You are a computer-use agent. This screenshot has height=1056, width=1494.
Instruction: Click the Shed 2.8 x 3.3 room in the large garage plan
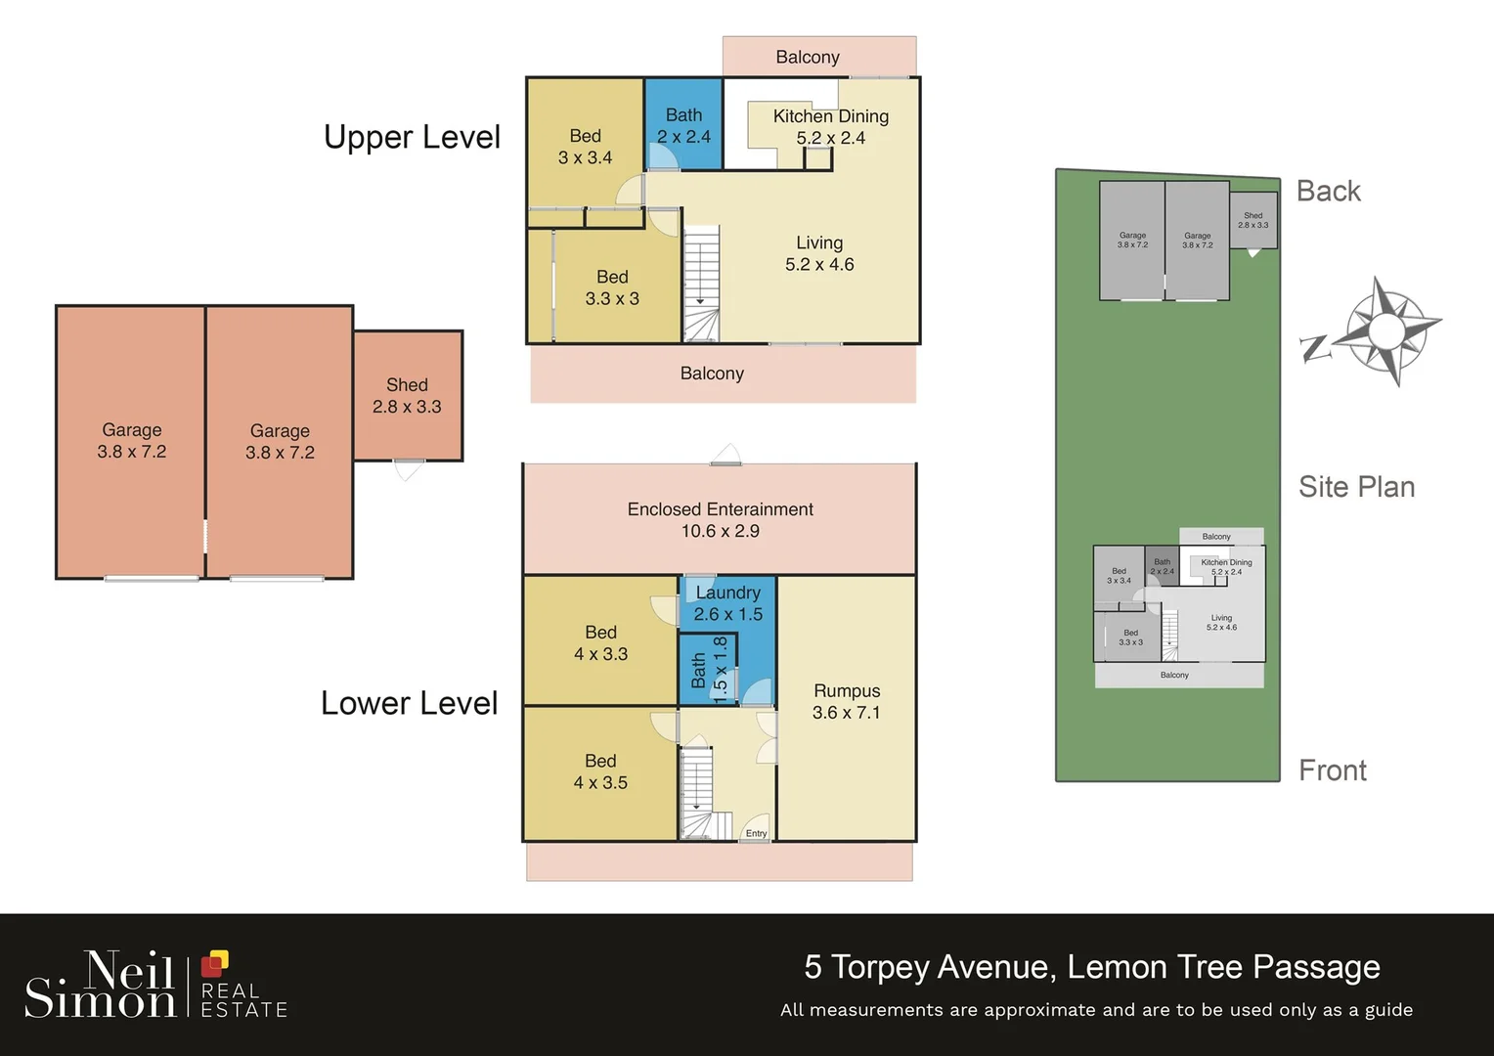[x=407, y=396]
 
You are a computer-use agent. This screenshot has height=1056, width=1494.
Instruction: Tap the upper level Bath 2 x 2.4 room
[x=683, y=126]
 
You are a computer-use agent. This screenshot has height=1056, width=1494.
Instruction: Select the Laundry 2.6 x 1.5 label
[x=727, y=603]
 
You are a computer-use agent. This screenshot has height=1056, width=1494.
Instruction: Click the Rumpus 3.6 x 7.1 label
[x=846, y=702]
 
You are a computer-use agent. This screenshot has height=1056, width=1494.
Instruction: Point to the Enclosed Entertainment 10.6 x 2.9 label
[x=720, y=520]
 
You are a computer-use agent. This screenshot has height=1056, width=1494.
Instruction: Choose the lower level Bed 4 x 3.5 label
[x=600, y=771]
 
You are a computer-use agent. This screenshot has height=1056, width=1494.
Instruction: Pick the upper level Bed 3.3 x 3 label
[x=612, y=287]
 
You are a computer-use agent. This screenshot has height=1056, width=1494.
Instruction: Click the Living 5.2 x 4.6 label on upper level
[x=819, y=253]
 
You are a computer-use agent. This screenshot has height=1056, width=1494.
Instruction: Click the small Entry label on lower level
[x=756, y=833]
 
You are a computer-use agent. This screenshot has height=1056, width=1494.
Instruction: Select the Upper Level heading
[x=412, y=137]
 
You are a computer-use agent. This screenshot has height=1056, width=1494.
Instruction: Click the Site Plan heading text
[x=1356, y=486]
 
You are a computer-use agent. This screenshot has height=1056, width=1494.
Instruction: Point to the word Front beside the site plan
[x=1332, y=770]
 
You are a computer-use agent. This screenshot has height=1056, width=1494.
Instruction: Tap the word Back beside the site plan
[x=1328, y=191]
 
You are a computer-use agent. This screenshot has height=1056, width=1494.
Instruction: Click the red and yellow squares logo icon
[x=214, y=964]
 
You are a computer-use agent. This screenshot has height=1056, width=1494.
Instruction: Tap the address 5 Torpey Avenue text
[x=1091, y=966]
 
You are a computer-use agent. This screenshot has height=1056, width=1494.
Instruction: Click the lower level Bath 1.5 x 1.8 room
[x=708, y=670]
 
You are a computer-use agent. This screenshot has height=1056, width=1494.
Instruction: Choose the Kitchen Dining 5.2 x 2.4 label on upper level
[x=830, y=127]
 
